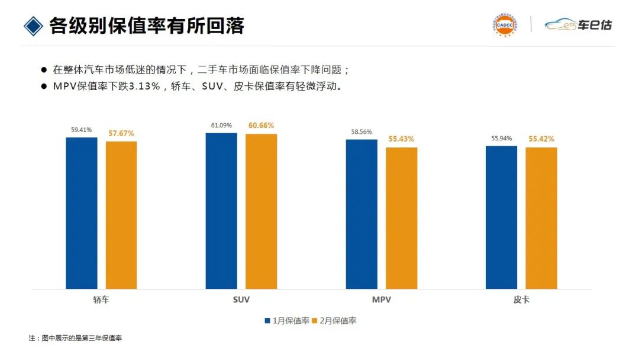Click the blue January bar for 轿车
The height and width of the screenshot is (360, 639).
point(81,213)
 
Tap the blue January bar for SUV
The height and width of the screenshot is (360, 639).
point(221,211)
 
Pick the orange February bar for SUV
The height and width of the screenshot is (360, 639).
point(261,211)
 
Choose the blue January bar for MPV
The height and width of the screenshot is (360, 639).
point(362,214)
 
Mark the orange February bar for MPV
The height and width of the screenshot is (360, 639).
point(401,218)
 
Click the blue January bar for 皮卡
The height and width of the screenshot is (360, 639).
point(501,217)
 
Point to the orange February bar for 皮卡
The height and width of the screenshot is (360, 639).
point(541,218)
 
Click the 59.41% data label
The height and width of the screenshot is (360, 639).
point(82,130)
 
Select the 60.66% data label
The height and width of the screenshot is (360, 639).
point(261,126)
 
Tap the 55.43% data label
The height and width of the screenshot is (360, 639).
point(401,139)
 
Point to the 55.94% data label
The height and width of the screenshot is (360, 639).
point(502,138)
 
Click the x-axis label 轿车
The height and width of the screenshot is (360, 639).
point(101,300)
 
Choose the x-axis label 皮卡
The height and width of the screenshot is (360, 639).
point(521,300)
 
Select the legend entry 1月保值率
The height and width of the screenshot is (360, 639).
point(287,321)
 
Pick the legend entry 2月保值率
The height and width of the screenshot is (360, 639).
point(334,321)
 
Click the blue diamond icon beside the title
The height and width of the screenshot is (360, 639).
point(33,25)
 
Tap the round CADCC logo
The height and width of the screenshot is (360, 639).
point(504,25)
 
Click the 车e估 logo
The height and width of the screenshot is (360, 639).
point(578,25)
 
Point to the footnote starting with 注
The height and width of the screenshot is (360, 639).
point(75,338)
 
